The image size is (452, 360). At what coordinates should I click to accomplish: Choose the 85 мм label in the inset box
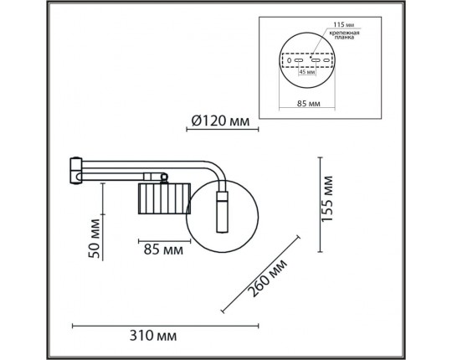(x=310, y=104)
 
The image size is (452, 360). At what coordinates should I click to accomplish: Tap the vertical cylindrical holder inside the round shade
(x=223, y=213)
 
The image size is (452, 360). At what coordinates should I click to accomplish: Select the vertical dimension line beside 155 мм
(x=318, y=203)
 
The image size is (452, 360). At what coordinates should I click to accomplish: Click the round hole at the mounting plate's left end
(x=290, y=60)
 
